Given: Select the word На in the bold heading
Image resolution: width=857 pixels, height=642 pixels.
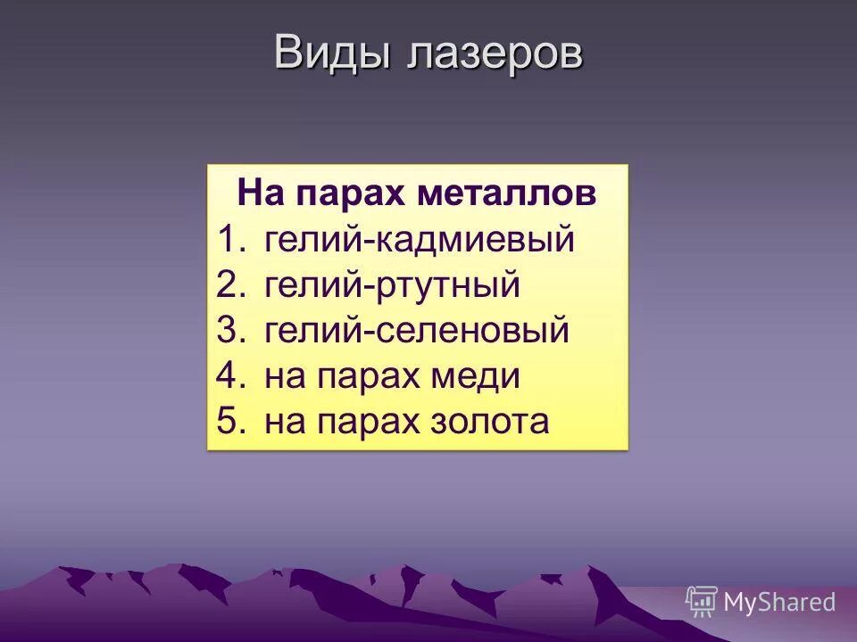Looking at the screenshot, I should [x=259, y=193].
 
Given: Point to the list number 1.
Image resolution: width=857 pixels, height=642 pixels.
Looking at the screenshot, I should [x=230, y=240].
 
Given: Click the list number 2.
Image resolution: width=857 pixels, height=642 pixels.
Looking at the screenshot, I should [x=230, y=285].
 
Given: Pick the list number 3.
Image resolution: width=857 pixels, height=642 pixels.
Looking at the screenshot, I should [x=230, y=331].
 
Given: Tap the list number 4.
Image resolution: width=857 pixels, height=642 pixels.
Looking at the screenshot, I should [x=230, y=376].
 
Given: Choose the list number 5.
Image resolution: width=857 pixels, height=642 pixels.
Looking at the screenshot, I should [x=230, y=422].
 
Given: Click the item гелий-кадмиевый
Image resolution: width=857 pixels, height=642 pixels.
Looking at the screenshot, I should [x=420, y=240].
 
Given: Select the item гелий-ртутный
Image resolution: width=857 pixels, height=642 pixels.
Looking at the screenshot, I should [x=392, y=285].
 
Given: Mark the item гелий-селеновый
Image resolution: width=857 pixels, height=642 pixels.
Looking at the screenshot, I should [x=417, y=331].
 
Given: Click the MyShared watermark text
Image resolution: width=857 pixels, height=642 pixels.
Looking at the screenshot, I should [x=779, y=603].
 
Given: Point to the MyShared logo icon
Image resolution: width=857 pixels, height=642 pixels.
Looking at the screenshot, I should [x=702, y=602].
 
